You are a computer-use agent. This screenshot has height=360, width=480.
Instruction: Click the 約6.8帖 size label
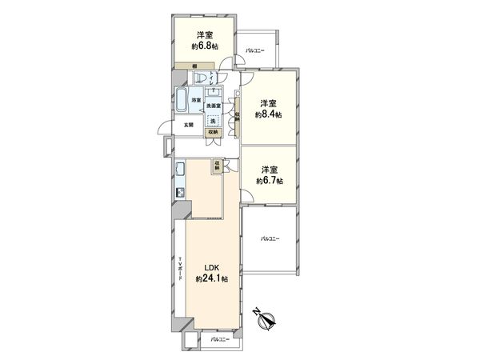tap(206, 46)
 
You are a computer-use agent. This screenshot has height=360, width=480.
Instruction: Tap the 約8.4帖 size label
tap(267, 114)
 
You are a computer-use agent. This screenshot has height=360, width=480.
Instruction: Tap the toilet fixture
tap(202, 77)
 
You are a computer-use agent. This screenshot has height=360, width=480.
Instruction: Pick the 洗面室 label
tap(214, 106)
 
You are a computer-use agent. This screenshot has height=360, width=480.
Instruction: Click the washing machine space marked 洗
tap(213, 121)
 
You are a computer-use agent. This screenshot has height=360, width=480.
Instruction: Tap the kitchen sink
tap(180, 170)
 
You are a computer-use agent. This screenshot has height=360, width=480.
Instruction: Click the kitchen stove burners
tap(180, 193)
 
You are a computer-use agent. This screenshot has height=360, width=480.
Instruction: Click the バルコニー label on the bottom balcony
tap(220, 340)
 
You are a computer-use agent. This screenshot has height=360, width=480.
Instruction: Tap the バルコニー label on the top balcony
tap(256, 50)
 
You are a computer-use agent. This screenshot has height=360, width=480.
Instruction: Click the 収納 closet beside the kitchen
tap(218, 165)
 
